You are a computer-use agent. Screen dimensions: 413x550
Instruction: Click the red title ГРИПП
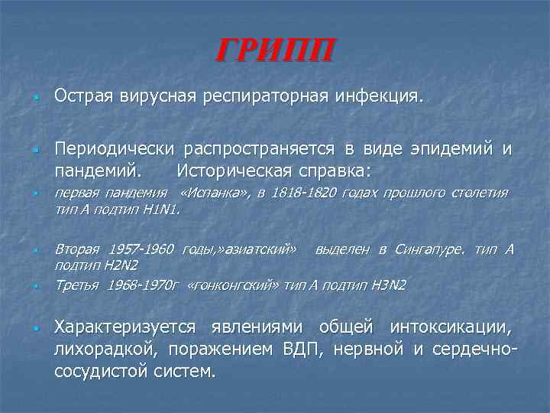274,52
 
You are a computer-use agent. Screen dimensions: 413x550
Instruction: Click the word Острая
83,97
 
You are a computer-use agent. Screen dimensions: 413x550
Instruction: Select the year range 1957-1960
142,249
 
